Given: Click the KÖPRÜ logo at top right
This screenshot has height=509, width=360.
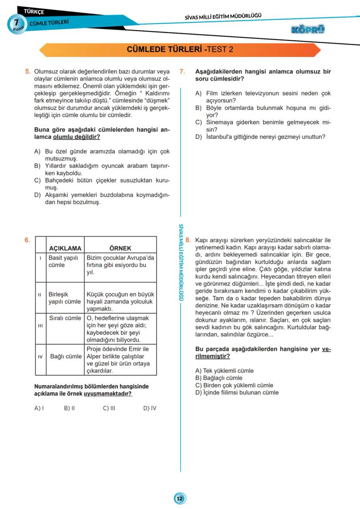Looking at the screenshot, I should tap(308, 30).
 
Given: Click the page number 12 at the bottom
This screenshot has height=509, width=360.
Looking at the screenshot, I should tap(180, 498).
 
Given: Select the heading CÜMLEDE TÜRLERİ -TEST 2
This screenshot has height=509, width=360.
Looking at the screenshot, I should tap(180, 50).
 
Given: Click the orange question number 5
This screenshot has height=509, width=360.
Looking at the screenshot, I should tap(27, 72).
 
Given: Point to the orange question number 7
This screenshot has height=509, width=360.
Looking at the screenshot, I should tap(182, 72).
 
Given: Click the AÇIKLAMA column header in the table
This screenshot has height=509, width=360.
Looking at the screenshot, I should tap(65, 249).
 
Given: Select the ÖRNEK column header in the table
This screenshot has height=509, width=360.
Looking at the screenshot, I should tap(120, 249).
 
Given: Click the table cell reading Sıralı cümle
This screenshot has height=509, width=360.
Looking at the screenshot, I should tap(66, 318).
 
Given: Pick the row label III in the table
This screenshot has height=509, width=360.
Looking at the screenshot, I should tap(40, 326).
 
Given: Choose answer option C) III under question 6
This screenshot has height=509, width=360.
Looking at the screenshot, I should tap(109, 408).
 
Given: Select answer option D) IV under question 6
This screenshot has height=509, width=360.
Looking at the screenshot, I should tap(150, 408).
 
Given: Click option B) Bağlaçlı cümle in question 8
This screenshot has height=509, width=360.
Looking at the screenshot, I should tap(219, 378).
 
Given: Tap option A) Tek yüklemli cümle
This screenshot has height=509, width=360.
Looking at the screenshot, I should tap(224, 371).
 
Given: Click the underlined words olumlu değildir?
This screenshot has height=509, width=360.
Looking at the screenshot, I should tap(77, 137).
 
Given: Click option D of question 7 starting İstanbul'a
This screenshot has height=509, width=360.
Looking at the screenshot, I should tap(260, 137).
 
